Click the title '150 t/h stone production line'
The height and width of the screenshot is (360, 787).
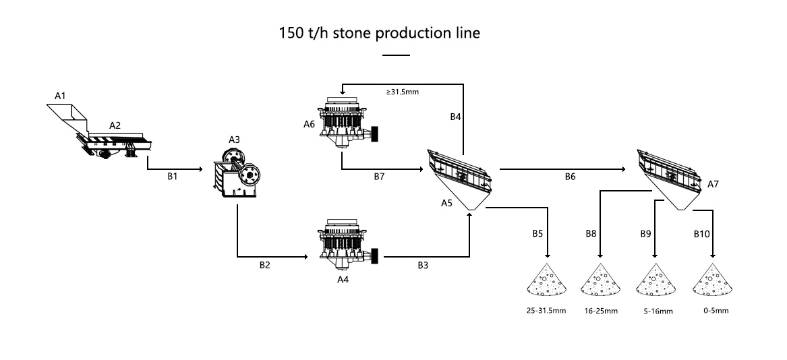coord(380,33)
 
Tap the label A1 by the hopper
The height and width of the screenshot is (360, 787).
coord(60,96)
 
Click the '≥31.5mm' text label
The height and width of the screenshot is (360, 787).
coord(403,92)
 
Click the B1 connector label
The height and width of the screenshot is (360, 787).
coord(173,176)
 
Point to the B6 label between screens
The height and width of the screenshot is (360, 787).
coord(570,177)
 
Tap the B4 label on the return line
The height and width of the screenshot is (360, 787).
coord(455,117)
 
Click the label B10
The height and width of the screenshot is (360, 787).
coord(702,235)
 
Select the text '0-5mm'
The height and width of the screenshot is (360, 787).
coord(716,311)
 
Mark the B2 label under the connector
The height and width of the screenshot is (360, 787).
coord(265,265)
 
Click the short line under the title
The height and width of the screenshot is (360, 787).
coord(396,55)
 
